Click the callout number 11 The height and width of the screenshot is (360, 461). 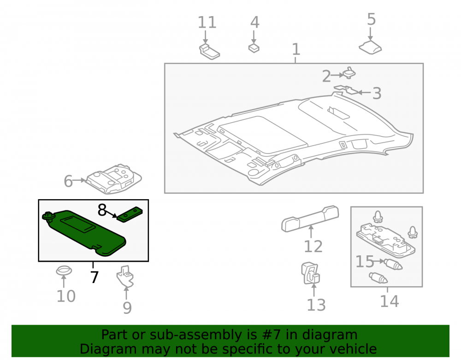[x=207, y=22]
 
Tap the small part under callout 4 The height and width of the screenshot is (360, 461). [x=254, y=48]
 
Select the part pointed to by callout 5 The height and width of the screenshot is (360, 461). [x=370, y=47]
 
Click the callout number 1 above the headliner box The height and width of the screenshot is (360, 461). [x=296, y=49]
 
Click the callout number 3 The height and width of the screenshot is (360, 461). [x=377, y=93]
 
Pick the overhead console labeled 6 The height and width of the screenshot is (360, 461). [x=114, y=179]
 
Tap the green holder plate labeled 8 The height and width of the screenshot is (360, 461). [x=130, y=215]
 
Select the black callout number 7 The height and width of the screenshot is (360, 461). [x=94, y=277]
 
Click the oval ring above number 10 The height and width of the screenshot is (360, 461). [x=64, y=271]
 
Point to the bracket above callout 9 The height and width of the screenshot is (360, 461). [x=125, y=276]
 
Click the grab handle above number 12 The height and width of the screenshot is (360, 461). [x=310, y=218]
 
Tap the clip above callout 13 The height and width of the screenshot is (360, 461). [x=310, y=273]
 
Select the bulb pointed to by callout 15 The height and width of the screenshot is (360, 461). [x=393, y=264]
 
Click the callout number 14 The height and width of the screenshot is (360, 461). [x=390, y=301]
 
